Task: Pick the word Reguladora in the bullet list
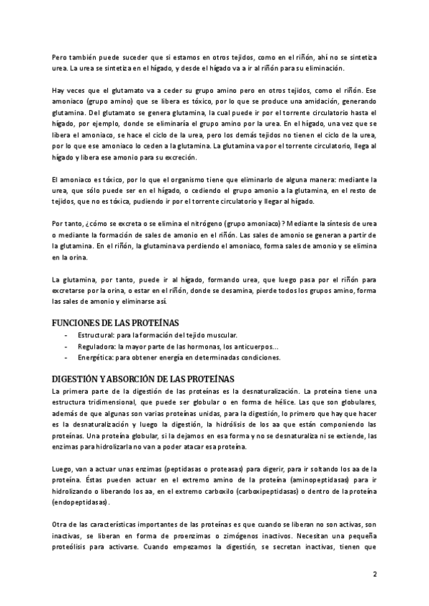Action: (96, 346)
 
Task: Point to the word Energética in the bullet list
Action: (95, 357)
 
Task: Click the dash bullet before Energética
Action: (66, 357)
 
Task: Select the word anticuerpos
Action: (247, 346)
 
